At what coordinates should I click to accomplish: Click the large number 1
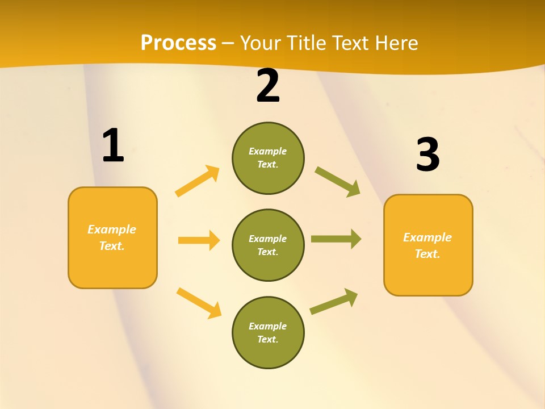113,146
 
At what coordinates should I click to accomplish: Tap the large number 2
268,86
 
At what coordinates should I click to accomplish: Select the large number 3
427,155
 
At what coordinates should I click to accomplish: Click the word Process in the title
178,43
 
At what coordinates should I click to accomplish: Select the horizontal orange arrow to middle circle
199,240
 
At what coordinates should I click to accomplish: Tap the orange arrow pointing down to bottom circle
199,303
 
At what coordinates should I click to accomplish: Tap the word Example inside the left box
112,229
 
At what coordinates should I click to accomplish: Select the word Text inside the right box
427,254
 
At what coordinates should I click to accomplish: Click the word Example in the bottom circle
267,326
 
